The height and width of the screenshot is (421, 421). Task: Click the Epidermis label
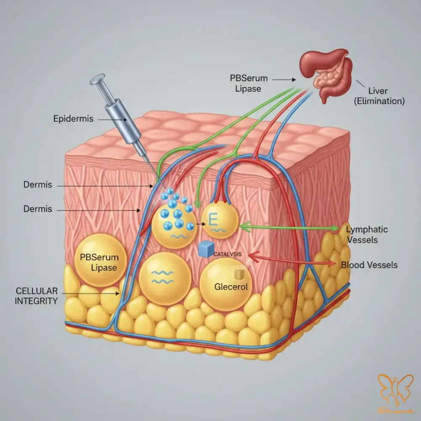click(74, 119)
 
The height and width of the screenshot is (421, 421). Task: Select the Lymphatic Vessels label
click(362, 234)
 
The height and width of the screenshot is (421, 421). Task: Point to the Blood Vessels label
click(369, 265)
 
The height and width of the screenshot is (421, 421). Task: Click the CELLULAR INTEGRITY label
click(36, 296)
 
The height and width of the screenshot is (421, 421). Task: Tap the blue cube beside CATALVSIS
click(205, 250)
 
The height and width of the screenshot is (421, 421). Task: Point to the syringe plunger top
click(98, 79)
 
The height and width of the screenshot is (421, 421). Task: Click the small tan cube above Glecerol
click(239, 274)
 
